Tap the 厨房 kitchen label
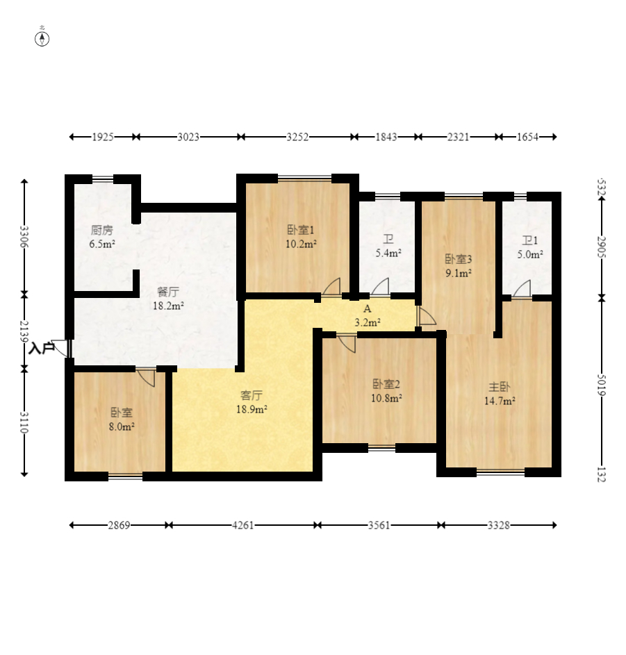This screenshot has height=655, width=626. click(x=102, y=230)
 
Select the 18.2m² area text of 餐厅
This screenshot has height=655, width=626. click(x=168, y=306)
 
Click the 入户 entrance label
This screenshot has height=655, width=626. click(x=42, y=348)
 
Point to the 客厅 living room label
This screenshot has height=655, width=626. click(x=252, y=395)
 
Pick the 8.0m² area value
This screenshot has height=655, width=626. click(x=122, y=426)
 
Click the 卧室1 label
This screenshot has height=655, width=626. click(x=301, y=230)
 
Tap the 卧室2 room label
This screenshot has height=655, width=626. click(x=386, y=384)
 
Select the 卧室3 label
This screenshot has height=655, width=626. click(x=459, y=259)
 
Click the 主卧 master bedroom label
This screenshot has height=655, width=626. click(x=500, y=387)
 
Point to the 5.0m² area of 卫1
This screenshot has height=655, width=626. click(x=530, y=254)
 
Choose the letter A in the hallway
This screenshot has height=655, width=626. click(x=368, y=308)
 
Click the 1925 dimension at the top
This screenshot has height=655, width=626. click(x=103, y=137)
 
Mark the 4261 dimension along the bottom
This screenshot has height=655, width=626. click(x=242, y=525)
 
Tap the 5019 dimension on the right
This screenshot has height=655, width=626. click(x=602, y=384)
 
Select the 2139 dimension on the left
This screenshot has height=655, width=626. click(x=24, y=331)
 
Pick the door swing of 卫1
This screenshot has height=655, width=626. click(x=523, y=289)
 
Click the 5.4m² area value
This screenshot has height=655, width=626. click(x=388, y=253)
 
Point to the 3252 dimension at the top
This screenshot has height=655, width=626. click(x=297, y=137)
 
